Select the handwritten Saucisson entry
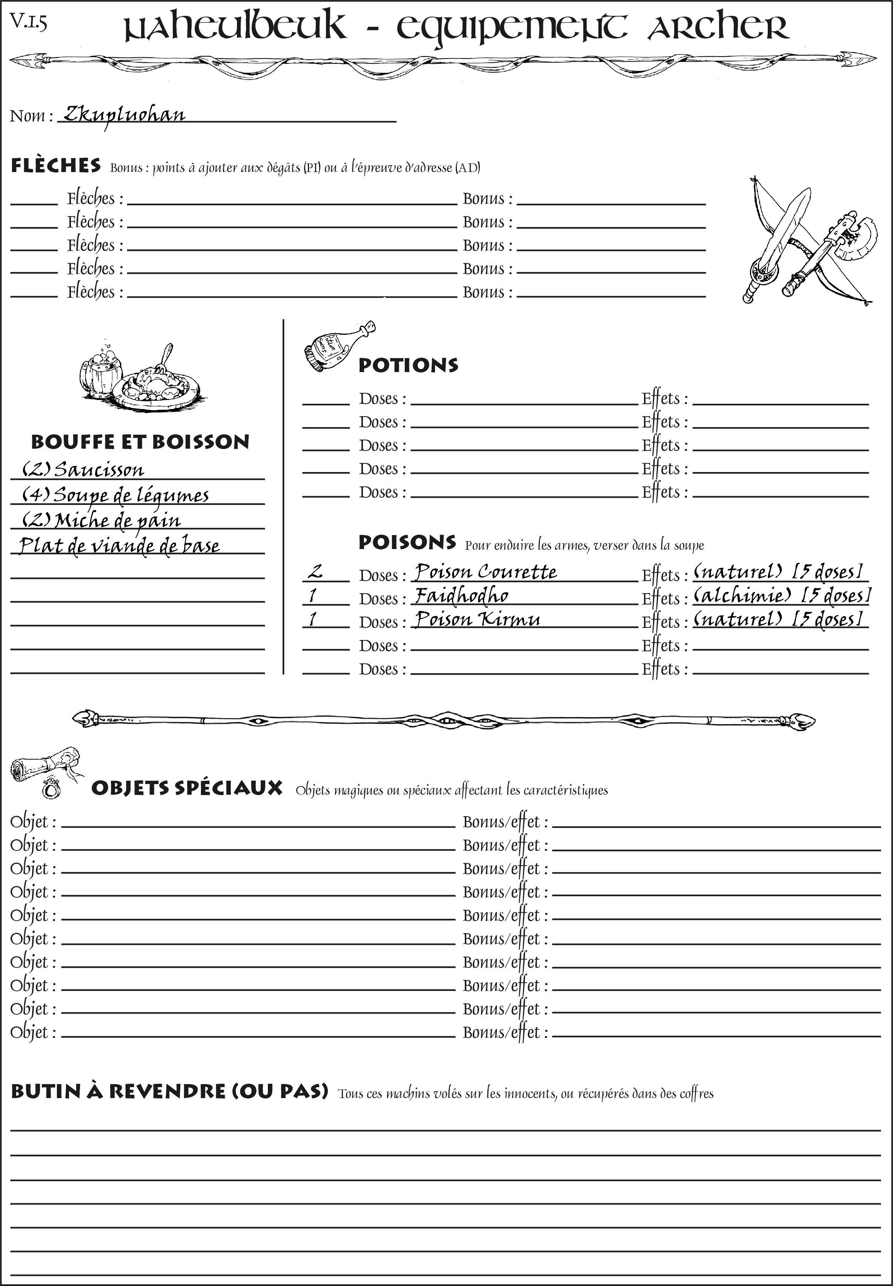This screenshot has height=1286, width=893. click(83, 469)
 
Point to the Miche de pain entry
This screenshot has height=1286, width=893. click(101, 520)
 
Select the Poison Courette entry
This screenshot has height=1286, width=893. click(486, 572)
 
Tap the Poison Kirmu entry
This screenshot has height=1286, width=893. click(477, 619)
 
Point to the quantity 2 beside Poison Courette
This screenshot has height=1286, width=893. click(315, 572)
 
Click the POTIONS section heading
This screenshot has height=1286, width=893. click(408, 365)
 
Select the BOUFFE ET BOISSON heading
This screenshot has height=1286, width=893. click(140, 441)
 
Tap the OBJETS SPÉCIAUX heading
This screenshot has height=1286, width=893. click(186, 788)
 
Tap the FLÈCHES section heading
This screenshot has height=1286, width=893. click(56, 166)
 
